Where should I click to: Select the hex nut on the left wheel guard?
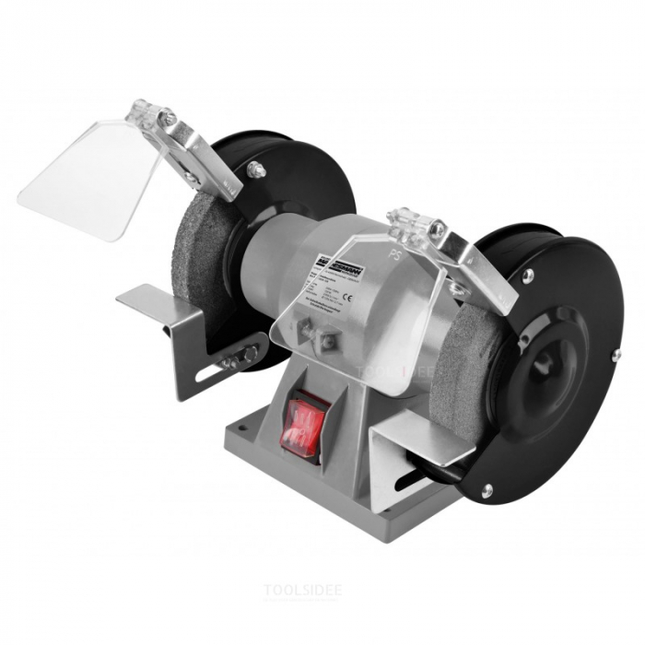pyautogui.click(x=255, y=170)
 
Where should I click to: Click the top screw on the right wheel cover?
pyautogui.click(x=528, y=275)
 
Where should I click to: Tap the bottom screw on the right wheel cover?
pyautogui.click(x=486, y=490)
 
